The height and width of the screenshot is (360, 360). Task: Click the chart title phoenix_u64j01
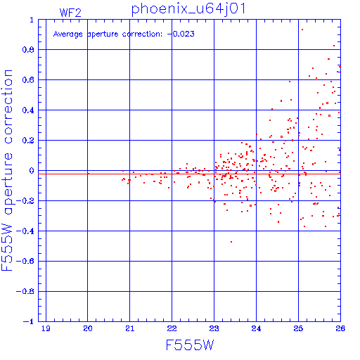tap(188, 9)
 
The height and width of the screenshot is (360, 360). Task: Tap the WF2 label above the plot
tap(70, 13)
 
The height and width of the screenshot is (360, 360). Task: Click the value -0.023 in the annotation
tap(181, 34)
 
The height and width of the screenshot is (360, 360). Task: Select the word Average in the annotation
tap(68, 34)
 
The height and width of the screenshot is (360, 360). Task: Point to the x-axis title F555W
tap(190, 345)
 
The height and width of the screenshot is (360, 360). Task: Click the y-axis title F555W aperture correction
tap(7, 170)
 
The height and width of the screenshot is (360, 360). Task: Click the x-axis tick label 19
tap(46, 328)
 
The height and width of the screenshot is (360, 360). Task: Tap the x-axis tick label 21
tap(130, 328)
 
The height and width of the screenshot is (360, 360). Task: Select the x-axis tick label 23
tap(214, 328)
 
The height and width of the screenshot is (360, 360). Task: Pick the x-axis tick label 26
tap(340, 328)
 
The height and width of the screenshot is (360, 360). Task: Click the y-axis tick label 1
tap(32, 20)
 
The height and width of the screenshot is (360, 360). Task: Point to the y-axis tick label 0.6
tap(28, 79)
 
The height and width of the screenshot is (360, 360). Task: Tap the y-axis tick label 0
tap(32, 171)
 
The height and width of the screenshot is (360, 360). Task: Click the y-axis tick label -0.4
tap(25, 231)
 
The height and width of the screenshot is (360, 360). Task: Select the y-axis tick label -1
tap(29, 321)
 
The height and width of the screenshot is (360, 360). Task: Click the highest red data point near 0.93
tap(302, 30)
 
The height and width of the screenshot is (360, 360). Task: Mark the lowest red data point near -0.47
tap(231, 242)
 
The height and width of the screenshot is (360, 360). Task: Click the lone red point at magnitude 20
tap(88, 174)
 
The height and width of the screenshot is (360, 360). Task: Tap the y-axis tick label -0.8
tap(25, 291)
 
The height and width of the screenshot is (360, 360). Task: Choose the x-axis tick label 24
tap(256, 328)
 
